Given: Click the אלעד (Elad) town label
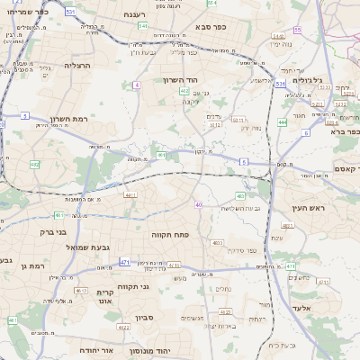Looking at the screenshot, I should [306, 308].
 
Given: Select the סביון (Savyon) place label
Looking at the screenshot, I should [146, 317].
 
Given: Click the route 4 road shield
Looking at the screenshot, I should [137, 85].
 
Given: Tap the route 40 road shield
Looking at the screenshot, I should [198, 204].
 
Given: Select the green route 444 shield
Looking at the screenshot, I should [283, 121].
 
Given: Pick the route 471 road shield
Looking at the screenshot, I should [124, 262].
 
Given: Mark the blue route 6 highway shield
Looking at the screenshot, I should [306, 132].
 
